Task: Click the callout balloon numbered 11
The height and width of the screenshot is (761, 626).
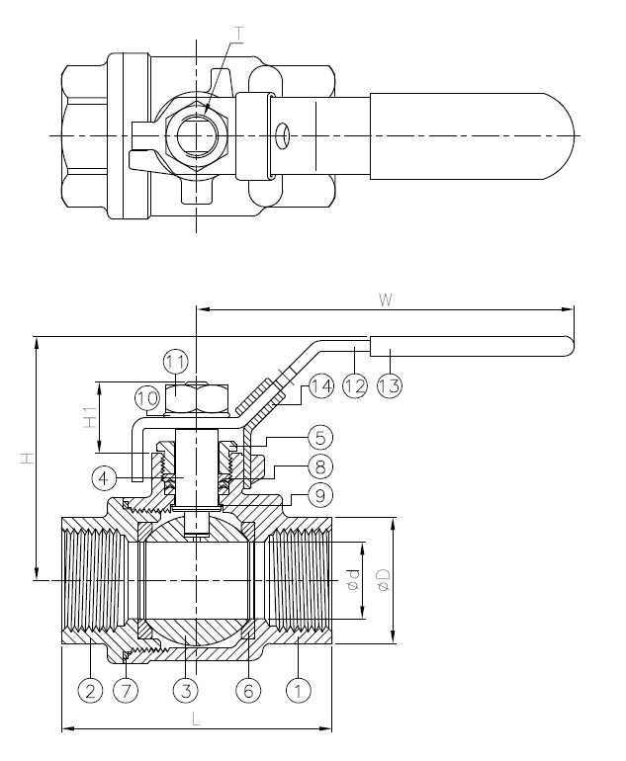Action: [x=175, y=362]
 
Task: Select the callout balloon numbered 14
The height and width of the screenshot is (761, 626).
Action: [x=321, y=386]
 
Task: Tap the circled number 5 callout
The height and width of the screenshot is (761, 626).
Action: [x=320, y=438]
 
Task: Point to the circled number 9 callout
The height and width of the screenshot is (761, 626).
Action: [x=320, y=495]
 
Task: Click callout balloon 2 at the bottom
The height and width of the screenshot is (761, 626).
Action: [x=91, y=690]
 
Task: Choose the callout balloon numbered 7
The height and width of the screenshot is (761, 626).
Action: [x=126, y=690]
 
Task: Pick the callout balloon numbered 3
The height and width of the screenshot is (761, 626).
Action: [x=187, y=690]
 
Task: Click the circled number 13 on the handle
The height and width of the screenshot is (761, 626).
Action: [x=390, y=386]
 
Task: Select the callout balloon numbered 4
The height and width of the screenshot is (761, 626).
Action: [x=104, y=478]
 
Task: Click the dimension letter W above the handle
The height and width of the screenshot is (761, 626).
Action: [x=385, y=299]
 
